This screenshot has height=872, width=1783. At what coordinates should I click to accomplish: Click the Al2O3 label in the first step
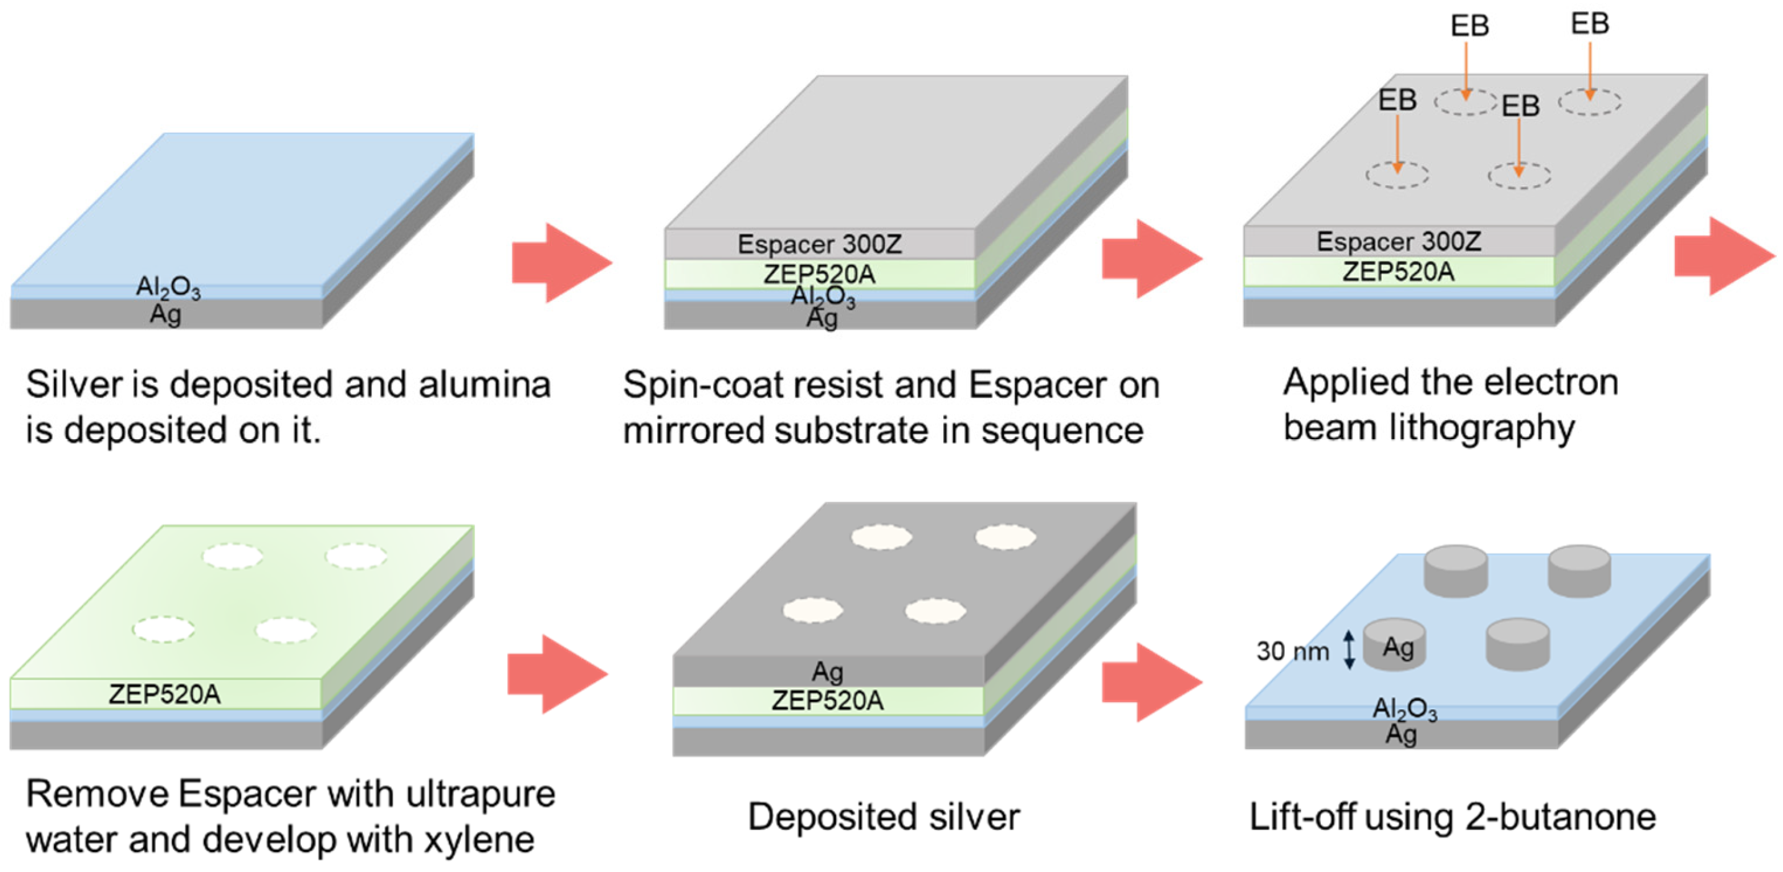pyautogui.click(x=168, y=287)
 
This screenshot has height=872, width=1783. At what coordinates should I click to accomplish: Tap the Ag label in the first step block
pyautogui.click(x=166, y=314)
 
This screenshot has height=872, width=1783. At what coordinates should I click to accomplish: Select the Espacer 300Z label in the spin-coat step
pyautogui.click(x=820, y=244)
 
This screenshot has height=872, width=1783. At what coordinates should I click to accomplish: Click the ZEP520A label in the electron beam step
pyautogui.click(x=1398, y=272)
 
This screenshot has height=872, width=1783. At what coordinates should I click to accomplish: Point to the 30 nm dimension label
pyautogui.click(x=1292, y=652)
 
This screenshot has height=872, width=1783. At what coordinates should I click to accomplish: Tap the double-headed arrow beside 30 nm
pyautogui.click(x=1349, y=649)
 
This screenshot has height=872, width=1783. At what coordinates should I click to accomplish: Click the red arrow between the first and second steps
pyautogui.click(x=561, y=262)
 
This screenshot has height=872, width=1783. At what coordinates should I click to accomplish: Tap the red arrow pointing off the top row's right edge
pyautogui.click(x=1723, y=256)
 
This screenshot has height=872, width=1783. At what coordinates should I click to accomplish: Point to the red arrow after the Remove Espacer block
pyautogui.click(x=557, y=674)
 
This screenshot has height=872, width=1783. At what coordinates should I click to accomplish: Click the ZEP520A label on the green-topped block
pyautogui.click(x=165, y=695)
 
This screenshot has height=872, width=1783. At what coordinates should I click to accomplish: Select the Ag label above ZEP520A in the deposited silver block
pyautogui.click(x=827, y=671)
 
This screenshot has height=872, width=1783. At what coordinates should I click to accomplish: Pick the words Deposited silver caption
pyautogui.click(x=884, y=817)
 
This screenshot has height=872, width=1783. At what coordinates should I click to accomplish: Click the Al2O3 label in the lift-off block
pyautogui.click(x=1404, y=709)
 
